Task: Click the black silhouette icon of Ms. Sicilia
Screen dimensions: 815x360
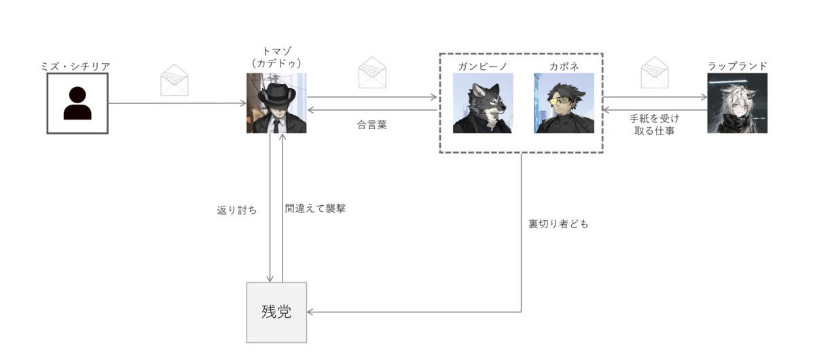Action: [x=77, y=103]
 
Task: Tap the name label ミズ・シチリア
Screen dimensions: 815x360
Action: [x=75, y=67]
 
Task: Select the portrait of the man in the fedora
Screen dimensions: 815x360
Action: [x=276, y=103]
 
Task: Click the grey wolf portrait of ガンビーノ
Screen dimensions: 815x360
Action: [x=483, y=103]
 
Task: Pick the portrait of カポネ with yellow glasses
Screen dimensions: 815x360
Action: [x=564, y=103]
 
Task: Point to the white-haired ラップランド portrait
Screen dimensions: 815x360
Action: [x=737, y=103]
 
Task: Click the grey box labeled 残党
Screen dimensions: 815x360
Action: [x=276, y=312]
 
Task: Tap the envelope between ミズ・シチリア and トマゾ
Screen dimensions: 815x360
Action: [x=175, y=80]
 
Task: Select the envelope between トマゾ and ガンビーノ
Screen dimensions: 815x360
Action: [x=372, y=73]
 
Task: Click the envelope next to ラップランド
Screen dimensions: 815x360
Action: [x=655, y=73]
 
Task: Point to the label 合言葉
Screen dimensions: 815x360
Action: [x=372, y=125]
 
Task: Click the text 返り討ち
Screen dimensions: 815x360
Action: [x=237, y=210]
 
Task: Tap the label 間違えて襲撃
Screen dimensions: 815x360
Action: [x=315, y=209]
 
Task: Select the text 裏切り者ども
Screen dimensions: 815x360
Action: [x=558, y=224]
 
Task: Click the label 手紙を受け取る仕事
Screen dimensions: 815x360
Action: [x=655, y=124]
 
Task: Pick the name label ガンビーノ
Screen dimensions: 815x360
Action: [x=483, y=67]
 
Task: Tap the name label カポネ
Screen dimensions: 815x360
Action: [x=564, y=67]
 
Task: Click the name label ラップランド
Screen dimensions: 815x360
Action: [x=737, y=66]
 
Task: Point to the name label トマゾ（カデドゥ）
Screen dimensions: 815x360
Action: [x=276, y=57]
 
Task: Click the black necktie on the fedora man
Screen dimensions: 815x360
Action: [x=276, y=126]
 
